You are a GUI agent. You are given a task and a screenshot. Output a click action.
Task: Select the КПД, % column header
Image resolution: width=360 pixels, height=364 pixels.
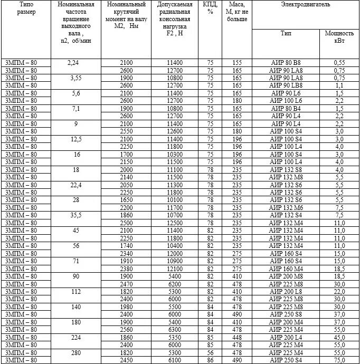pyautogui.click(x=210, y=8)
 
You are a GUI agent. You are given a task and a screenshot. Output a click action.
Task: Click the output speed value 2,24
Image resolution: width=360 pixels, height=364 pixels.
pyautogui.click(x=73, y=63)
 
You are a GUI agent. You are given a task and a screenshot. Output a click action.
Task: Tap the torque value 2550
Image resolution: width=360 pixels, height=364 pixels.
pyautogui.click(x=126, y=131)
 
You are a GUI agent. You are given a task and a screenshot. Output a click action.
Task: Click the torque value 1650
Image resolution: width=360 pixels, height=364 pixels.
pyautogui.click(x=126, y=200)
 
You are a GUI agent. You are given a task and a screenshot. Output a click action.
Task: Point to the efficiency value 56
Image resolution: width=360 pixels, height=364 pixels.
pyautogui.click(x=210, y=352)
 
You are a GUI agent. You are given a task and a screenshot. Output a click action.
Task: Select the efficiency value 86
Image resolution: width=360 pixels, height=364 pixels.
pyautogui.click(x=210, y=360)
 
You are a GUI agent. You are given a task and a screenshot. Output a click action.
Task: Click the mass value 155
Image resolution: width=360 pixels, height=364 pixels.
pyautogui.click(x=237, y=63)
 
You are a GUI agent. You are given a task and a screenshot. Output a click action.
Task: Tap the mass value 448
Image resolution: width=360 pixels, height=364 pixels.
pyautogui.click(x=237, y=337)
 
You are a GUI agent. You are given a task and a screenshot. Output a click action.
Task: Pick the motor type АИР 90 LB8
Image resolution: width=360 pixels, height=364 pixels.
pyautogui.click(x=286, y=85)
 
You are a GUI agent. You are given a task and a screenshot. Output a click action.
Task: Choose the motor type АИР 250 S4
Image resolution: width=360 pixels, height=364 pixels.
pyautogui.click(x=286, y=360)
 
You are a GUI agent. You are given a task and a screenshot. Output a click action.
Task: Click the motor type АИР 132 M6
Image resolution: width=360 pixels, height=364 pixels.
pyautogui.click(x=286, y=207)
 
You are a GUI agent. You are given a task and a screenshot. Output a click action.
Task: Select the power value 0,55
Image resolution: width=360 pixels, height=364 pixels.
pyautogui.click(x=339, y=63)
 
